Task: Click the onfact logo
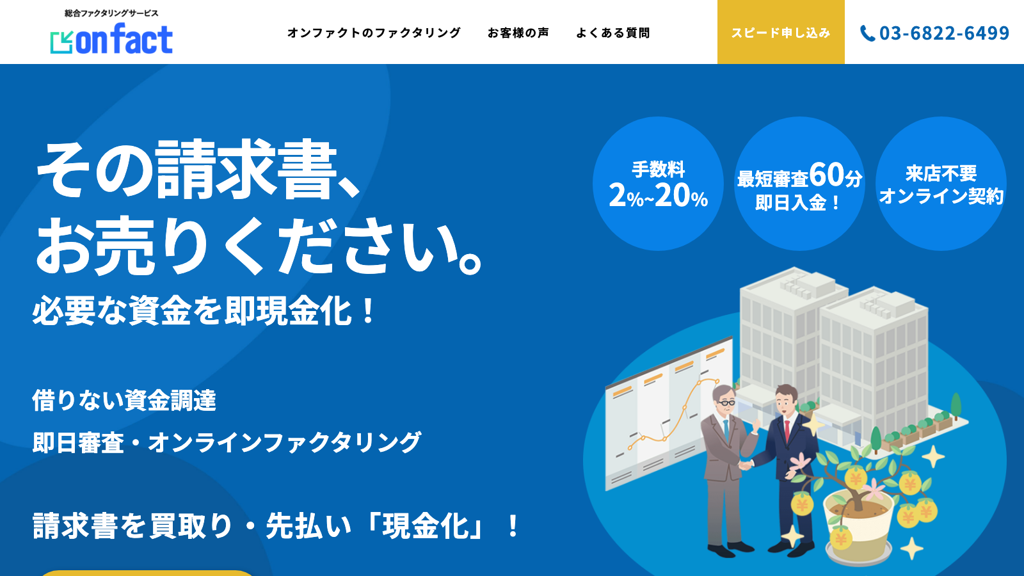click(x=112, y=39)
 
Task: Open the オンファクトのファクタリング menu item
click(x=374, y=33)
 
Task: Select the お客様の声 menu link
click(x=518, y=33)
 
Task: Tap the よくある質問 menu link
click(x=612, y=33)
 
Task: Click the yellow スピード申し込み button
click(x=781, y=33)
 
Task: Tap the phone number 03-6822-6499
click(x=944, y=33)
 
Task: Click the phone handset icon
click(x=867, y=33)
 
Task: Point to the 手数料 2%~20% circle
click(x=658, y=184)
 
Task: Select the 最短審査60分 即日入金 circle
click(x=799, y=184)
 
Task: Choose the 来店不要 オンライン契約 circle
click(x=941, y=184)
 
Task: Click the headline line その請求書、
click(x=198, y=170)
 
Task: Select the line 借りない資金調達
click(x=124, y=401)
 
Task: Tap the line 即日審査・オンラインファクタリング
click(x=227, y=442)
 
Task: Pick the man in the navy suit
click(x=787, y=461)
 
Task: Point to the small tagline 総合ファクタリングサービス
click(x=111, y=13)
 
